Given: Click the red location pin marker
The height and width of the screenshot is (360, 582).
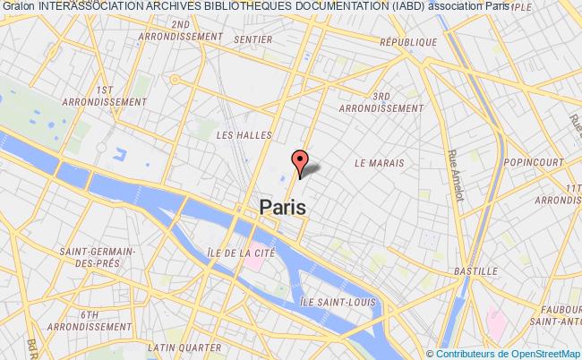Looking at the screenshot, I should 301,162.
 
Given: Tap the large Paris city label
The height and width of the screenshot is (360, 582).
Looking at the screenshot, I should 283,206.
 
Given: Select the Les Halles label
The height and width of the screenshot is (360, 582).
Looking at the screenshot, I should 237,134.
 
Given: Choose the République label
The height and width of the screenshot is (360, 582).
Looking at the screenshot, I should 408,42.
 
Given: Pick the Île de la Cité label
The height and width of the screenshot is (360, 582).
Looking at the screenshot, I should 238,253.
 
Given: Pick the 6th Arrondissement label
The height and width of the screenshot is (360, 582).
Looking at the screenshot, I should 88,321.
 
